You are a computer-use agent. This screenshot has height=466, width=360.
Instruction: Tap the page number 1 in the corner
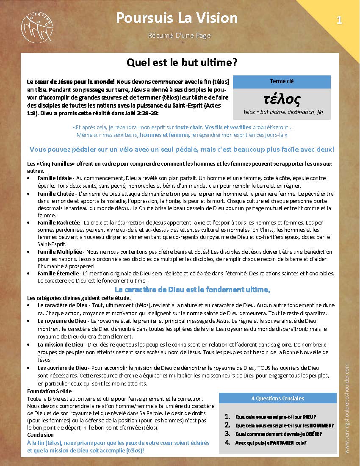339,20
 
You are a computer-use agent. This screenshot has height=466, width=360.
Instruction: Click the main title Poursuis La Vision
177,18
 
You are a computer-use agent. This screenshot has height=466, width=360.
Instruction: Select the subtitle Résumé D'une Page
179,36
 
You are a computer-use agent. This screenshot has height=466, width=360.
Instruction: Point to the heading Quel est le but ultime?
182,63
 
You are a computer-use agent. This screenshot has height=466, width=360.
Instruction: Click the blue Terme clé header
282,81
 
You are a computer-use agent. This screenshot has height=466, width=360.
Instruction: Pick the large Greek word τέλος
282,100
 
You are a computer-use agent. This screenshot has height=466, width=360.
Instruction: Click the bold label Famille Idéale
55,178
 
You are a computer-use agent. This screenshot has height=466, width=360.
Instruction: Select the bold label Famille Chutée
55,194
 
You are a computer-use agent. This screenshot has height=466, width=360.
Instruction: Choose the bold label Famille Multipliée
60,251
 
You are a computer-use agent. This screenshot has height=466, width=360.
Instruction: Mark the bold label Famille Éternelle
58,273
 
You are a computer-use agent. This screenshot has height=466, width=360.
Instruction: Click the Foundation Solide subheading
49,391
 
